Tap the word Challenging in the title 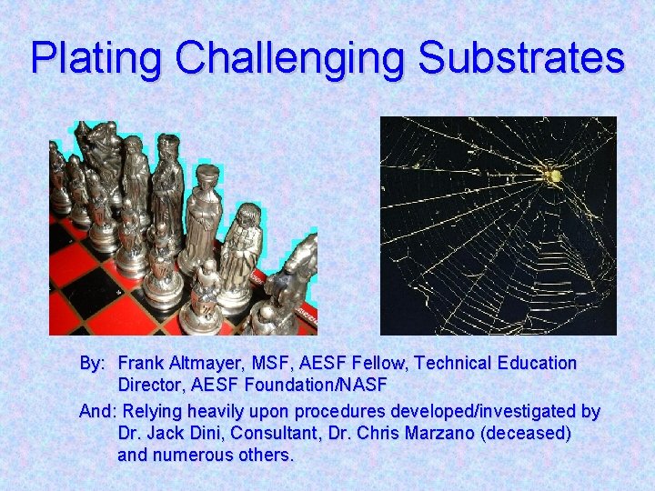(289, 58)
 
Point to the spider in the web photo (551, 175)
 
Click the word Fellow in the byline (378, 363)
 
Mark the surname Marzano (437, 434)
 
